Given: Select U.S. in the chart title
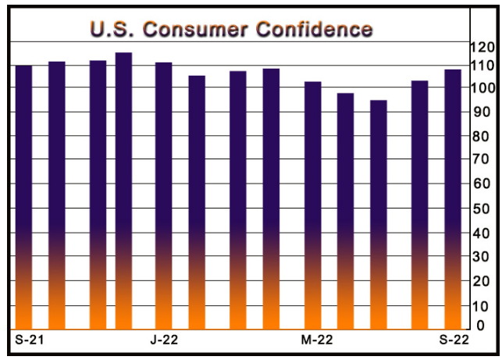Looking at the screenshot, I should pyautogui.click(x=112, y=30).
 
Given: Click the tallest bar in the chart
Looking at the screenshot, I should pyautogui.click(x=123, y=191).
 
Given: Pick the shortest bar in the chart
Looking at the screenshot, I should pyautogui.click(x=379, y=215).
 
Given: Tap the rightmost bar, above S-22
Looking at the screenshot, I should pyautogui.click(x=453, y=199).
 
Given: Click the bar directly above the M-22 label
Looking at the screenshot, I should pyautogui.click(x=313, y=205).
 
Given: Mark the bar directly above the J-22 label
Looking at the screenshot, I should pyautogui.click(x=164, y=195).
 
